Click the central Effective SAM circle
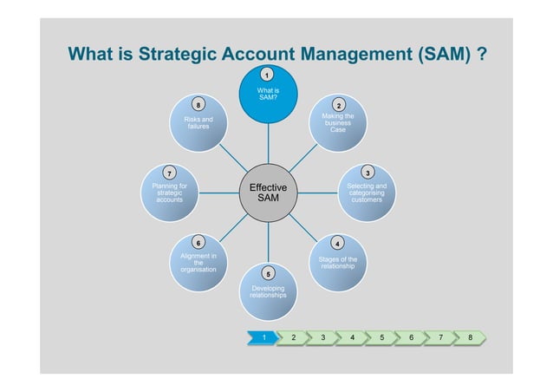point(268,193)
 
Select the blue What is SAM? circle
point(268,94)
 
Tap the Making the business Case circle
point(338,124)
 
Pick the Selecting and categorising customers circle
point(367,192)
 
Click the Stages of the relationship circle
point(338,261)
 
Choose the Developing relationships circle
point(268,291)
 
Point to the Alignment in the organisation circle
point(198,261)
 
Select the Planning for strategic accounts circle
point(170,192)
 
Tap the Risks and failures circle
point(198,124)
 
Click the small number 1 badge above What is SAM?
point(268,75)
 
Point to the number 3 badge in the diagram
point(368,173)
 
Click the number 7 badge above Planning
point(170,173)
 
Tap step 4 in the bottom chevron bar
point(352,336)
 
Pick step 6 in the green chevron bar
point(411,336)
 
